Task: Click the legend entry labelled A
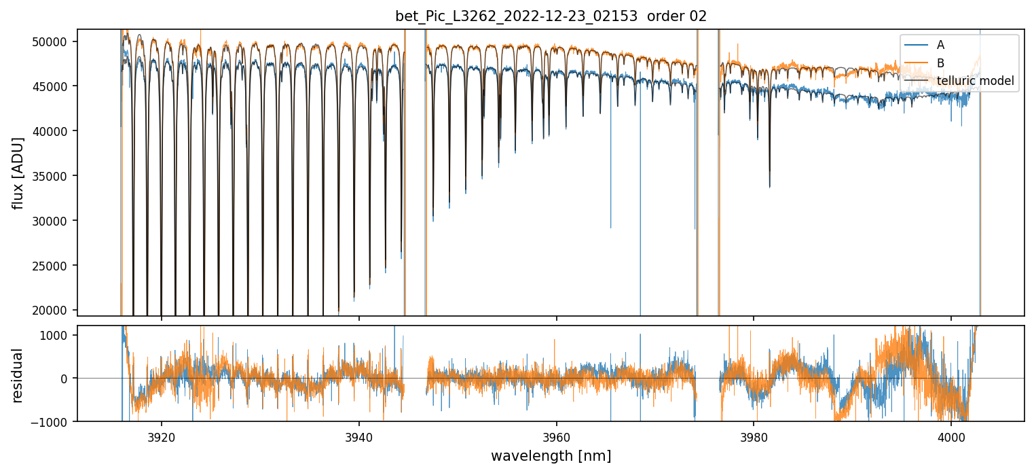tap(940, 45)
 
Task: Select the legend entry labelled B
tap(940, 63)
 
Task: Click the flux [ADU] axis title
tap(18, 173)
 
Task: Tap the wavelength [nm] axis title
tap(551, 455)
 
